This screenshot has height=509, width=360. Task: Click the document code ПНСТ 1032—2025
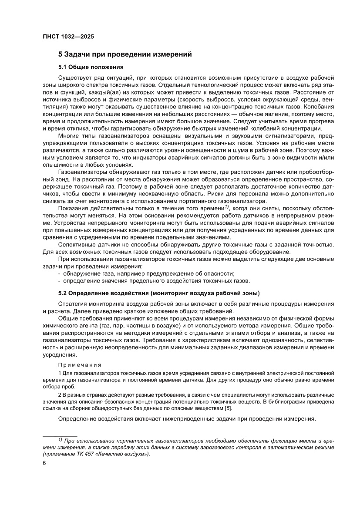pyautogui.click(x=68, y=37)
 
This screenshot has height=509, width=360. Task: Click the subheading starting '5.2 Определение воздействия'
pyautogui.click(x=159, y=292)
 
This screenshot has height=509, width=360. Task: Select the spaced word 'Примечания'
pyautogui.click(x=80, y=364)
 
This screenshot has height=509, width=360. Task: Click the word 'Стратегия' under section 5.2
pyautogui.click(x=73, y=303)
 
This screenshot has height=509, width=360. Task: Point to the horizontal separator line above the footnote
pyautogui.click(x=60, y=435)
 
